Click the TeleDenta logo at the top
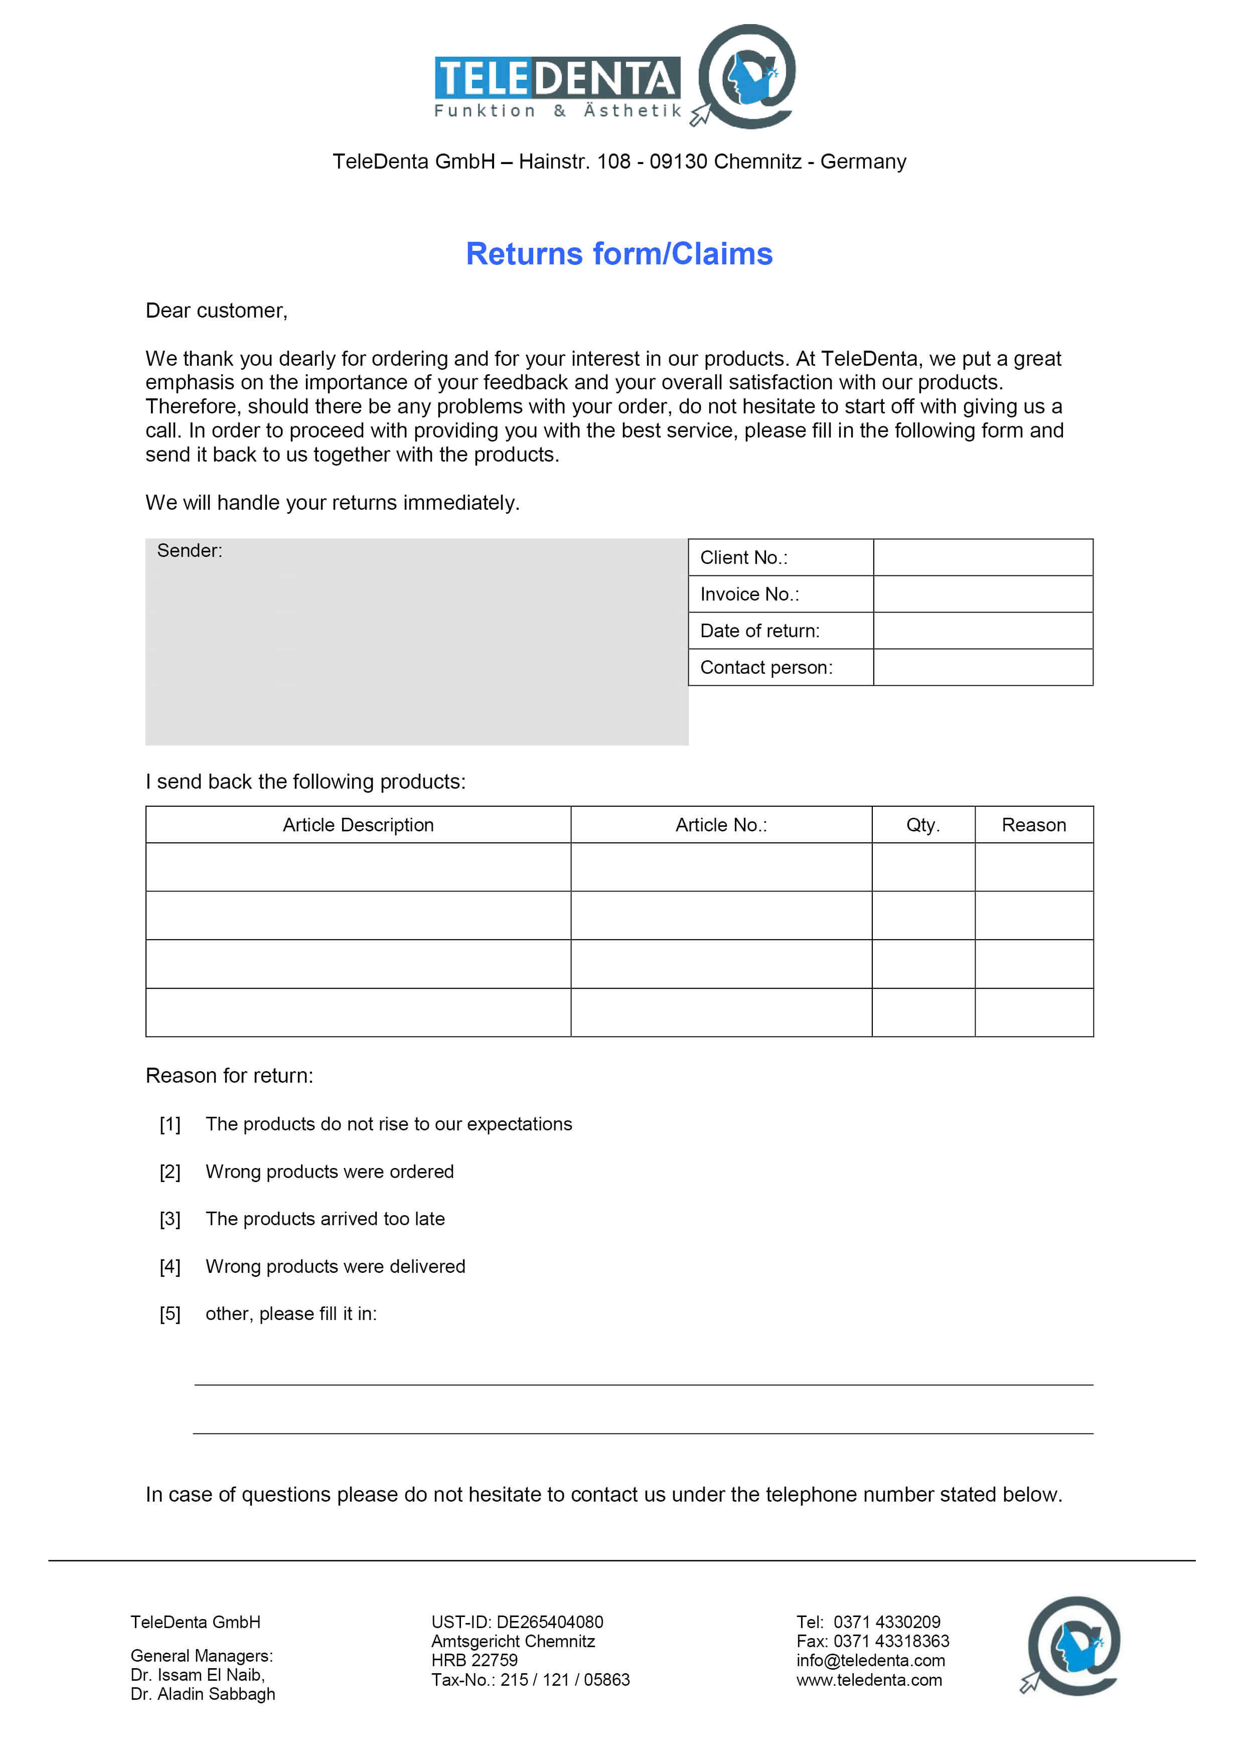coord(614,77)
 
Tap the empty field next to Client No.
coord(983,557)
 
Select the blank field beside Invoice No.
coord(983,594)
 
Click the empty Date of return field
coord(983,631)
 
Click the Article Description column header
coord(358,825)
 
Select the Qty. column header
coord(923,825)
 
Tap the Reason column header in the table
coord(1033,825)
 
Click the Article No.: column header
coord(720,825)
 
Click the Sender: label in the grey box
coord(189,550)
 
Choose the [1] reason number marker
coord(170,1124)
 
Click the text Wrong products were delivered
coord(335,1266)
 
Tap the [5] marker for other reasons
coord(170,1314)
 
